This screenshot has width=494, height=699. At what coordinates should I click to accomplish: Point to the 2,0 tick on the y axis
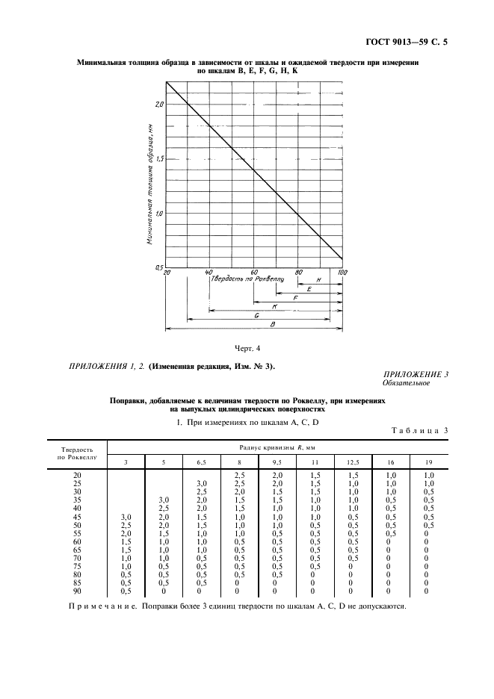tap(158, 104)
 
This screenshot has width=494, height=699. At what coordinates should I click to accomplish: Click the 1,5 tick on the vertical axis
tap(158, 158)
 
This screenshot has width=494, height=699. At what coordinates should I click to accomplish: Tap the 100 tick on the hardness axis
tap(342, 273)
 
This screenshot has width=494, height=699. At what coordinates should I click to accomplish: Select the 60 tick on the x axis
tap(254, 273)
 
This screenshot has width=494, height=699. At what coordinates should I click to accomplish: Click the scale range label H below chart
tap(319, 279)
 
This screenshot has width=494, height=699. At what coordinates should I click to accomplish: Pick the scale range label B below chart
tap(273, 324)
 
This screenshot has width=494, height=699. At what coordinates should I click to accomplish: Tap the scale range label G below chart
tap(256, 315)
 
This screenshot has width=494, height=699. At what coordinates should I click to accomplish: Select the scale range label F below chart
tap(296, 297)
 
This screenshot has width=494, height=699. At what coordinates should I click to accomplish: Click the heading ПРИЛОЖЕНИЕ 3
tap(416, 374)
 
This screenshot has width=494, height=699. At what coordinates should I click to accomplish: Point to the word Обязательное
tap(407, 383)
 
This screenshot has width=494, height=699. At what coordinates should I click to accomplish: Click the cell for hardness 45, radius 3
tap(126, 517)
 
